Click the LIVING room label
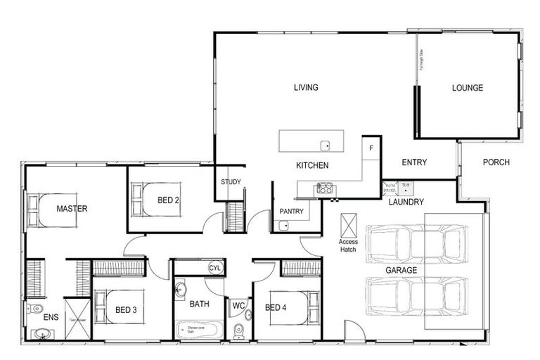coord(306,88)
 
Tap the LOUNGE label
coord(468,88)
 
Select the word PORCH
coord(496,162)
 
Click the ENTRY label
coord(414,162)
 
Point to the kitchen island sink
coord(326,146)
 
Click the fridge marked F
coord(371,148)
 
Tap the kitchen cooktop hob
coord(325,188)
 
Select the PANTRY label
coord(291,211)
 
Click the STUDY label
coord(231,182)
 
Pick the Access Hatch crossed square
coord(349,226)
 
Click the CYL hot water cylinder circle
coord(215,268)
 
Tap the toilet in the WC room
coord(238,329)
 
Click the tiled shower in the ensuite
coord(77,319)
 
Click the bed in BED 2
coord(155,200)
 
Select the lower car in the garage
coord(416,295)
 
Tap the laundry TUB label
coord(405,185)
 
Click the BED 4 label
coord(276,307)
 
